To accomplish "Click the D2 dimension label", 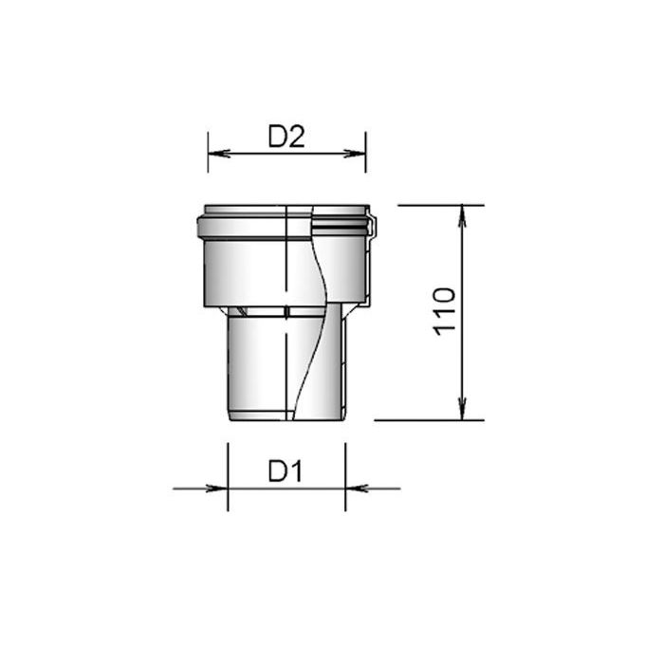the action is tap(286, 137).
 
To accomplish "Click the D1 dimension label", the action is tap(286, 470).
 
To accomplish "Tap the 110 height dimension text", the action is tap(444, 312).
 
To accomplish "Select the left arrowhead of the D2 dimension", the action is tap(219, 154).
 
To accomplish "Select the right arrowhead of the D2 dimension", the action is tap(355, 154).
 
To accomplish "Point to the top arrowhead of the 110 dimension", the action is tap(463, 216).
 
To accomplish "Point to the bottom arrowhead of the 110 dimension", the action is tap(463, 409).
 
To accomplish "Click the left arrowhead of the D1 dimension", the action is tap(217, 489).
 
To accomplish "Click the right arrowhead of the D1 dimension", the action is tap(357, 489).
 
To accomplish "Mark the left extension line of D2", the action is tap(208, 152).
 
